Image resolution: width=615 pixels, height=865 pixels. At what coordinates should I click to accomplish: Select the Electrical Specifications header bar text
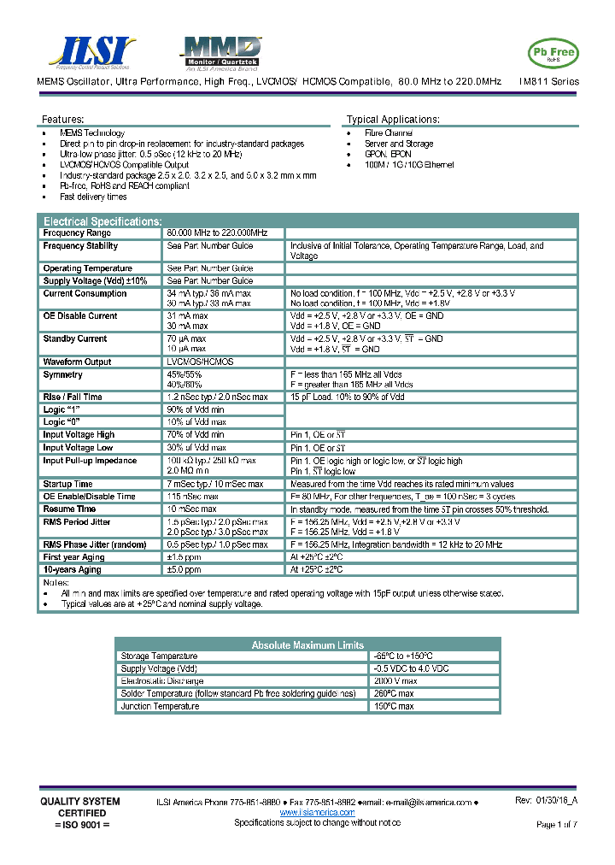tap(102, 221)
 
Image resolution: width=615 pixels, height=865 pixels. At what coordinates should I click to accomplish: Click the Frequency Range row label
tap(77, 233)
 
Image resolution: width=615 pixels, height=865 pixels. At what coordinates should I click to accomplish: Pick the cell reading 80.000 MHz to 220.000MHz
tap(217, 233)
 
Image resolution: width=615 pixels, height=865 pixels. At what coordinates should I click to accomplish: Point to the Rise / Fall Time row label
tap(73, 397)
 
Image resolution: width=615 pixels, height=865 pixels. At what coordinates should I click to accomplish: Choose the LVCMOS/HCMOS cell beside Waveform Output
tap(200, 362)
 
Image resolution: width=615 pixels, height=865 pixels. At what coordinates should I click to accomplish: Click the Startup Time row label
tap(68, 484)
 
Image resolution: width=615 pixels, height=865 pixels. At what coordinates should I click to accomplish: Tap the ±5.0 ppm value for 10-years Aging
tap(184, 569)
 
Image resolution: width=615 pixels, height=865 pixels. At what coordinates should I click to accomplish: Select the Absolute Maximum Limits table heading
tap(307, 645)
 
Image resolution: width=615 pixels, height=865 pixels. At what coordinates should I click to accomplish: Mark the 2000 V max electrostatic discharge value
tap(396, 681)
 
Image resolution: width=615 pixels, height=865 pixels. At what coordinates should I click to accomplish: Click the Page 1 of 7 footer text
tap(557, 824)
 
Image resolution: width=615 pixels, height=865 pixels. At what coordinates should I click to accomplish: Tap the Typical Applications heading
tap(393, 120)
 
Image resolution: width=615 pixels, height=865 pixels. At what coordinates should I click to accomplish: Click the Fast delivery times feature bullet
tap(93, 197)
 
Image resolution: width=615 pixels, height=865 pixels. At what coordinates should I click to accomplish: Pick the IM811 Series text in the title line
tap(549, 82)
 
